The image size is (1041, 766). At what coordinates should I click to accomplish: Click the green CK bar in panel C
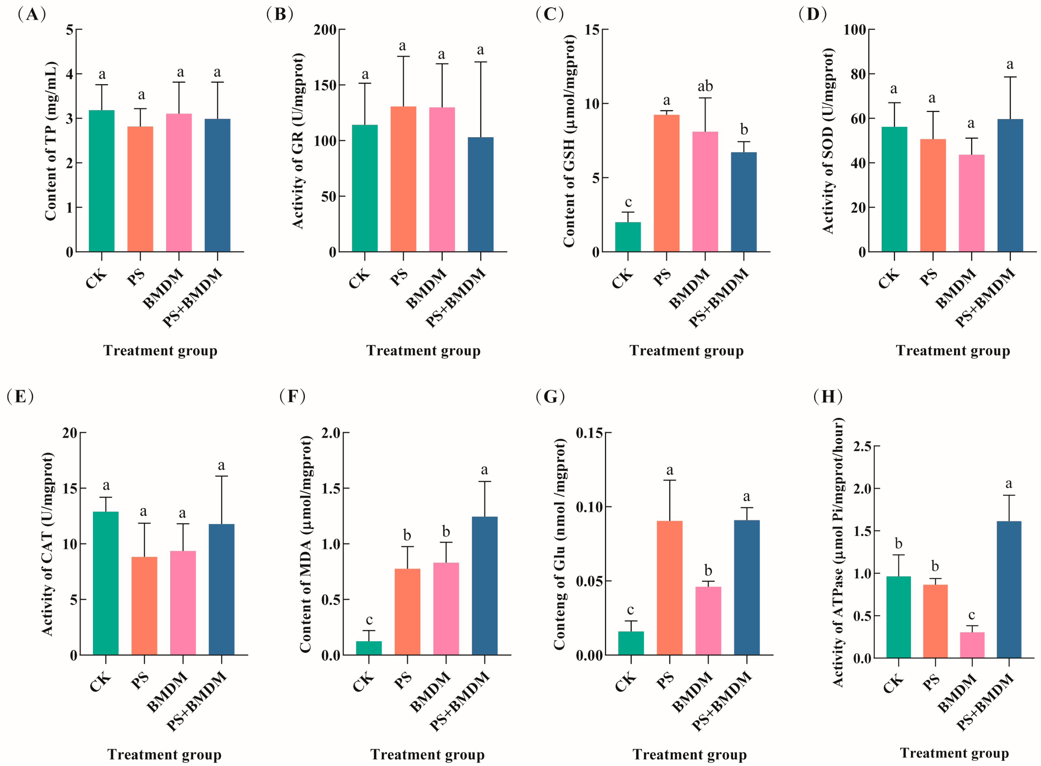[628, 237]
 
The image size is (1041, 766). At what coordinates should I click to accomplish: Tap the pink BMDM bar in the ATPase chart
[972, 645]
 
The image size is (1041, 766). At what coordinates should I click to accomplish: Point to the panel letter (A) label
[32, 14]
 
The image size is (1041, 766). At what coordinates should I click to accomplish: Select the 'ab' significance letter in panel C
[705, 86]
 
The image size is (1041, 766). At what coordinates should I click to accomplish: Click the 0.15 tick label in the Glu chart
[590, 433]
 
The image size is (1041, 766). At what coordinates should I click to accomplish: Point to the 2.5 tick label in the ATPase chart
[863, 446]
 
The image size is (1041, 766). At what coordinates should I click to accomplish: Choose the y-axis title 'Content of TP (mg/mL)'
[51, 141]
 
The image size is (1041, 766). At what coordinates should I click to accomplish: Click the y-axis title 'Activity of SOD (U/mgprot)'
[827, 141]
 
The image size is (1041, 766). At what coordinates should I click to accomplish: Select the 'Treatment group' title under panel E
[164, 755]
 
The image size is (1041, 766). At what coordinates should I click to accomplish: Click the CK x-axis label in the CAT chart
[100, 682]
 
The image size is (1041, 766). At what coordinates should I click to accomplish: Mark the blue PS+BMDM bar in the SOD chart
[1010, 185]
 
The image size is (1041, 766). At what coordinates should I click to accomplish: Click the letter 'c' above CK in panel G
[631, 610]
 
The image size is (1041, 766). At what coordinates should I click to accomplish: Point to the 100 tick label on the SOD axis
[854, 30]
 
